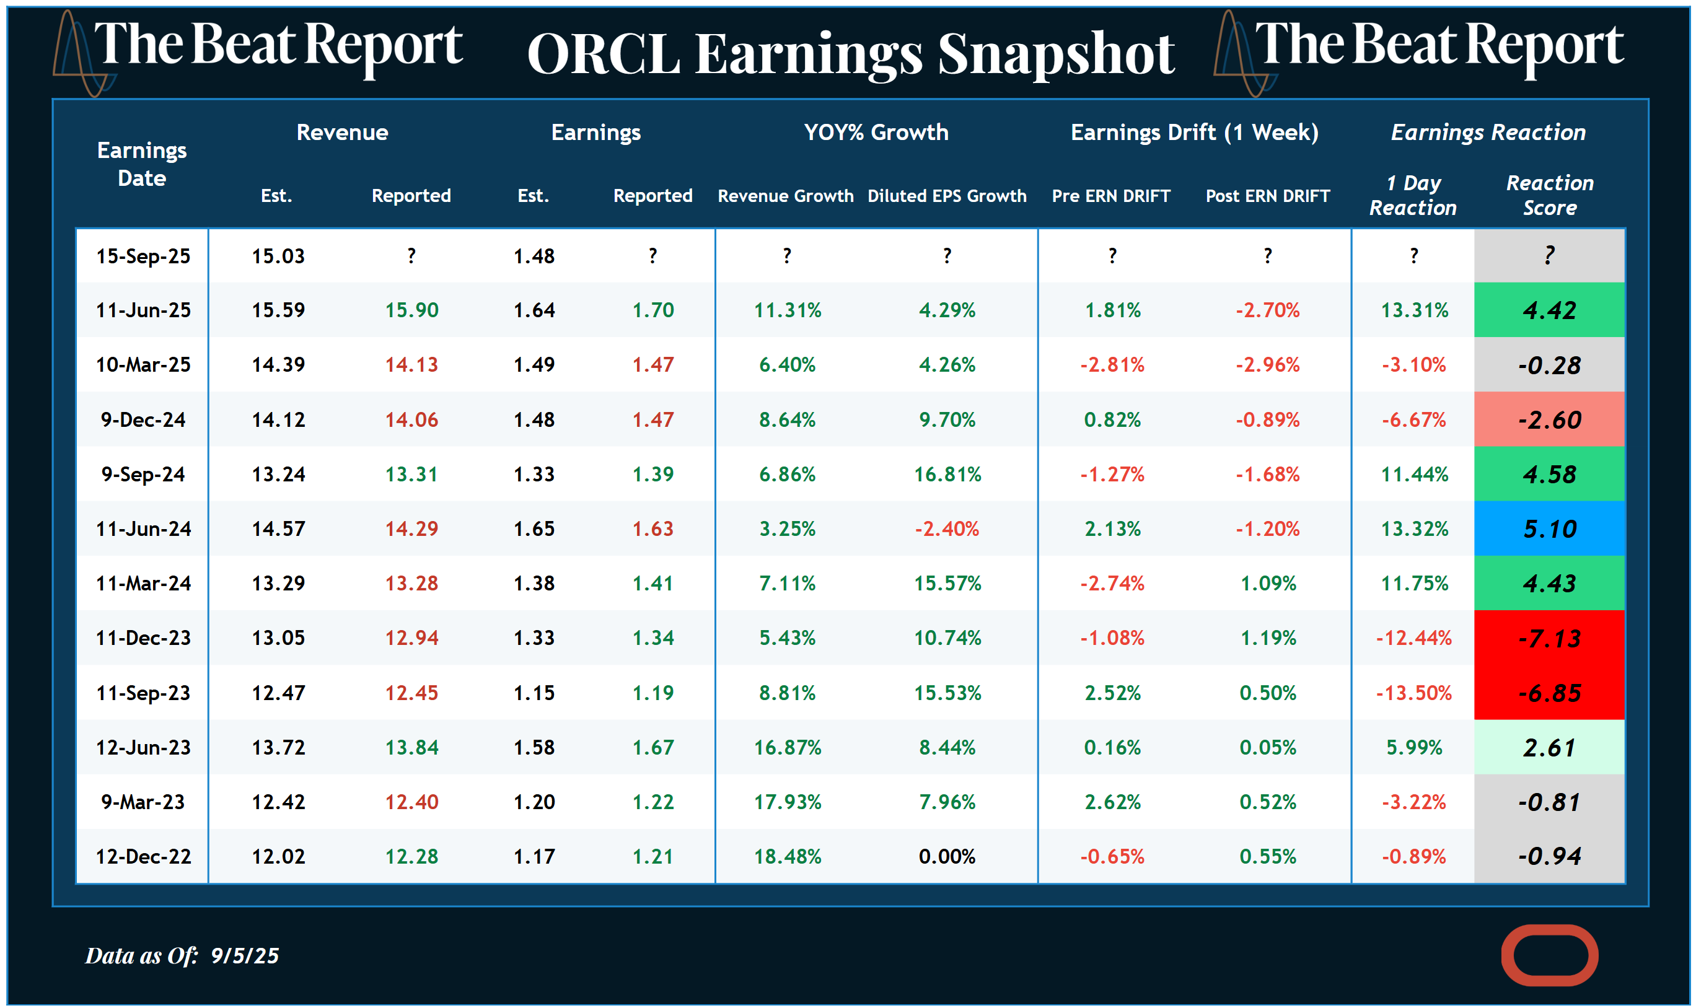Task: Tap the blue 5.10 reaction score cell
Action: (1549, 528)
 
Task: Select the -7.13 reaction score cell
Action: (1549, 638)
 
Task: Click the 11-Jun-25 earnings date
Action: (143, 310)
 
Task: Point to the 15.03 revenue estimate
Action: (278, 256)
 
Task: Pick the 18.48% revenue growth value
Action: (786, 857)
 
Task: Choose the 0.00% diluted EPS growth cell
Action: (946, 857)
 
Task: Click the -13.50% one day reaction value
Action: (1413, 693)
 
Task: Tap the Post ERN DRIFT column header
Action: (1267, 196)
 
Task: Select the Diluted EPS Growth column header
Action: (946, 196)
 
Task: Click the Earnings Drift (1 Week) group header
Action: (1193, 132)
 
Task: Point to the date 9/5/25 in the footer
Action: (245, 956)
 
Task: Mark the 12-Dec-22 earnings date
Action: (143, 857)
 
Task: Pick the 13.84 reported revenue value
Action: (411, 747)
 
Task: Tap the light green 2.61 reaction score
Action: (1549, 747)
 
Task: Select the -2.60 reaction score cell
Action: (1549, 420)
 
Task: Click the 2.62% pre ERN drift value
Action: (1112, 802)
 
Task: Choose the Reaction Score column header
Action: (1549, 195)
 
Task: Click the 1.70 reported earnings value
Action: (652, 310)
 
